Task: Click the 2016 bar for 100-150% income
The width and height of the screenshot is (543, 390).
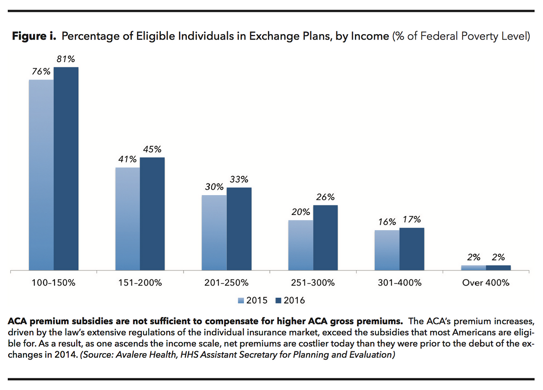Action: coord(66,169)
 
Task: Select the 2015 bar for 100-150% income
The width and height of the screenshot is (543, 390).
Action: coord(41,175)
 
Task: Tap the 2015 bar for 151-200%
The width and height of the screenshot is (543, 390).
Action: coord(128,219)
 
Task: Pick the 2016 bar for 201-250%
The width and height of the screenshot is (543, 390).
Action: coord(239,229)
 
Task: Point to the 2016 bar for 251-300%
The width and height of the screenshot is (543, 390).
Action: coord(325,237)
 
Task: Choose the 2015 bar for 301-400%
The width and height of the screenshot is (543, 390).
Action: coord(387,250)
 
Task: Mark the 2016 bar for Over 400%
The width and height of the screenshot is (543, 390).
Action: coord(498,268)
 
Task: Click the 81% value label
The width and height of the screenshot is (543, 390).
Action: coord(66,59)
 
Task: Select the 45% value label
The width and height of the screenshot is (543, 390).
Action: coord(152,149)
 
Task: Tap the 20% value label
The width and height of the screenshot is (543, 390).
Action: coord(301,212)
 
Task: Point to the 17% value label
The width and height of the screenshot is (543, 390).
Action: coord(412,220)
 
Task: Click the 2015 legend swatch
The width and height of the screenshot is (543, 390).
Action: coord(241,301)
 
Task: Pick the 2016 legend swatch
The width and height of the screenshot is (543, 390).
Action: coord(278,301)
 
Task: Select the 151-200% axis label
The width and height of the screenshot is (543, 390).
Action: coord(140,283)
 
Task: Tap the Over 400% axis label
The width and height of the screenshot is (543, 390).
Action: coord(486,283)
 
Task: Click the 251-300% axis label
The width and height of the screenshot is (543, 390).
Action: coord(313,283)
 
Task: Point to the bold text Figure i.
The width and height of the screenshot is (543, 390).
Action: coord(34,36)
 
